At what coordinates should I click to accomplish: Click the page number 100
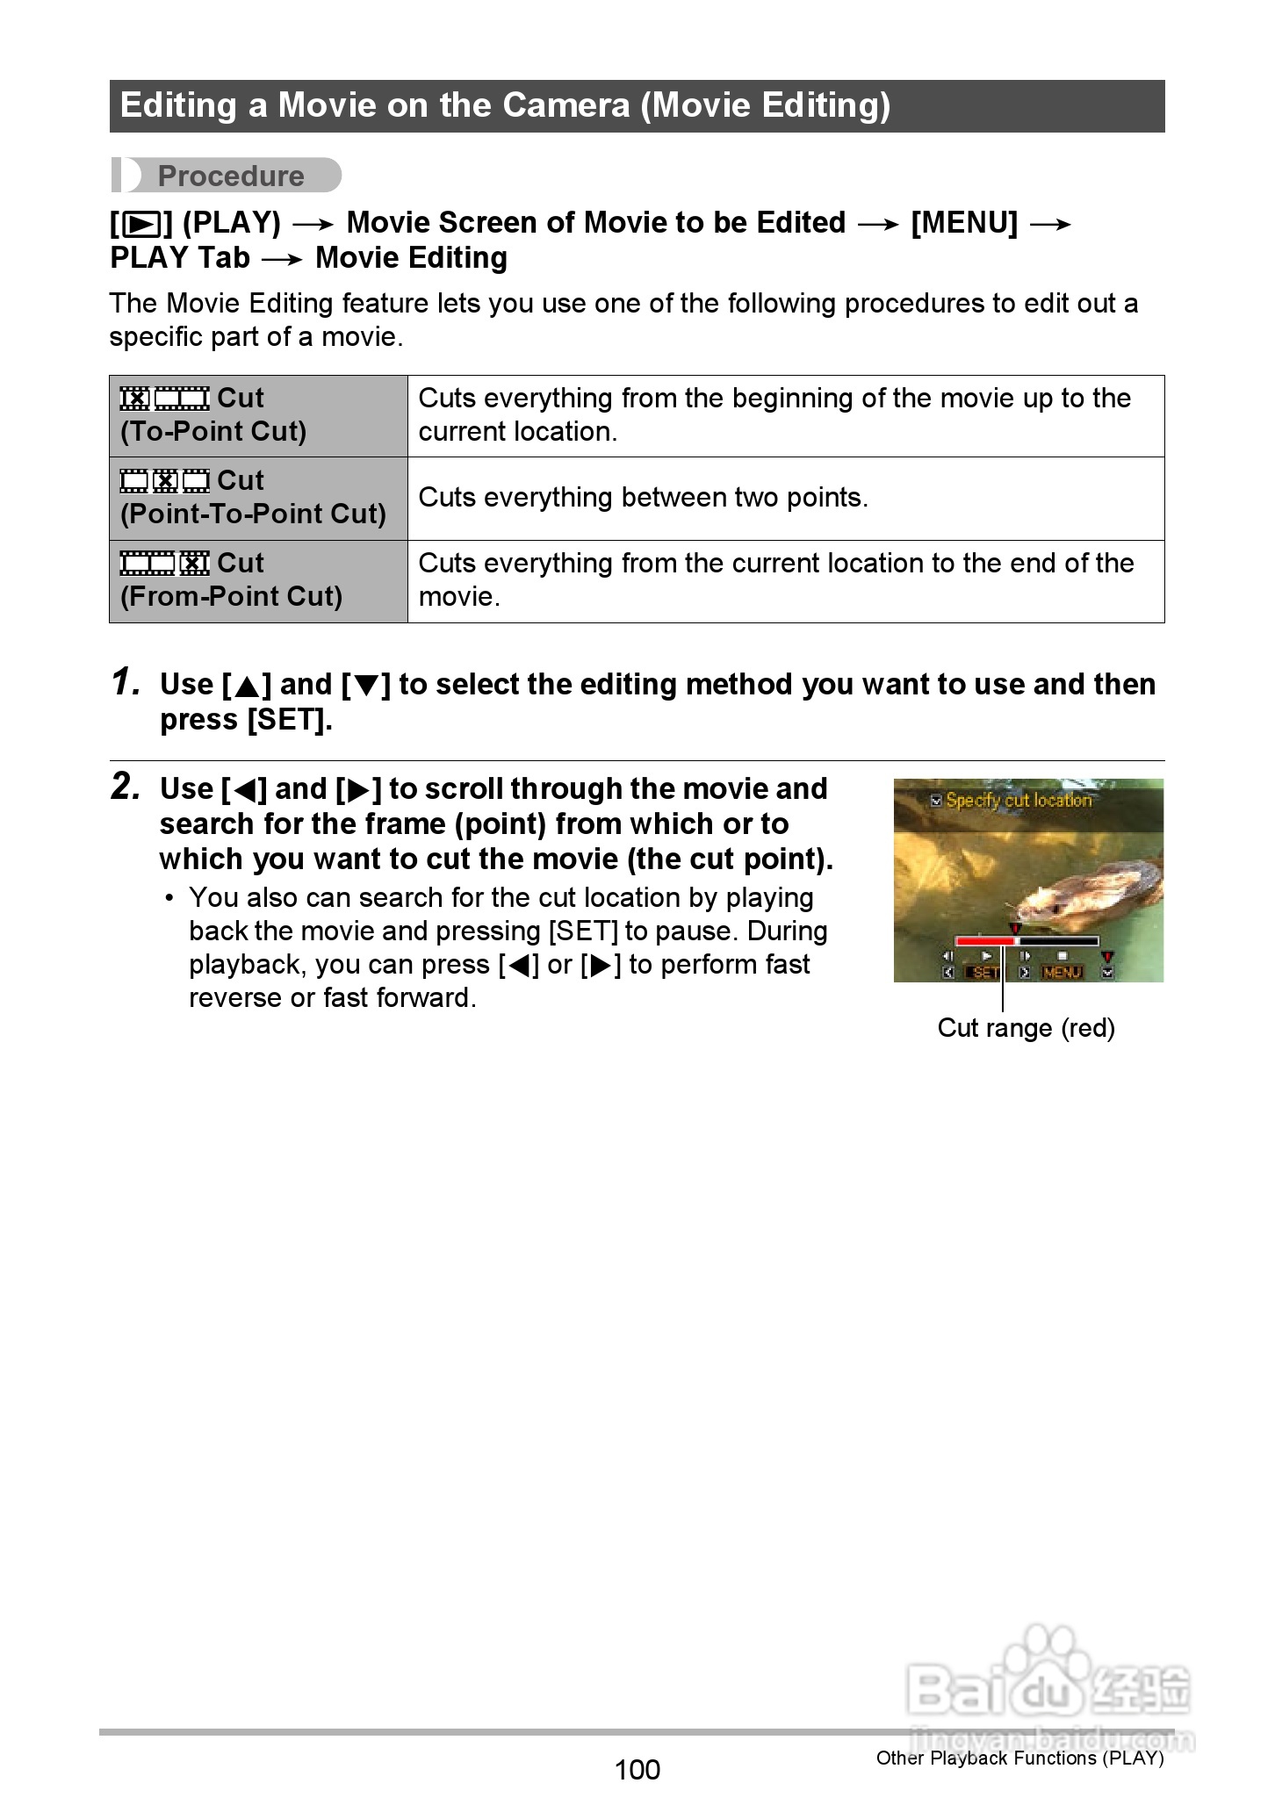(x=637, y=1769)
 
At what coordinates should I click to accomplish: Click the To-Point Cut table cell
(x=258, y=415)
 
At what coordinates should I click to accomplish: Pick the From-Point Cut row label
(x=231, y=596)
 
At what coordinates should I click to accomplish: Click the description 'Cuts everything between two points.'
(x=643, y=498)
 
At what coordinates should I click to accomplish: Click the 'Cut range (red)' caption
(x=1026, y=1028)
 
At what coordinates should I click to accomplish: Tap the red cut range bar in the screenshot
(x=984, y=941)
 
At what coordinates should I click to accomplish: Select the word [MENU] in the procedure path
(x=963, y=223)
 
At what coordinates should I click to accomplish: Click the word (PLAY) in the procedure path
(x=231, y=223)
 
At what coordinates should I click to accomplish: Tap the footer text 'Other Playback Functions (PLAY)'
(x=1019, y=1758)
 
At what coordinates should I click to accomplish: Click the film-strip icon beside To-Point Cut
(x=164, y=399)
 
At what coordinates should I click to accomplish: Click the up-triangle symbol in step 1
(x=248, y=686)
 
